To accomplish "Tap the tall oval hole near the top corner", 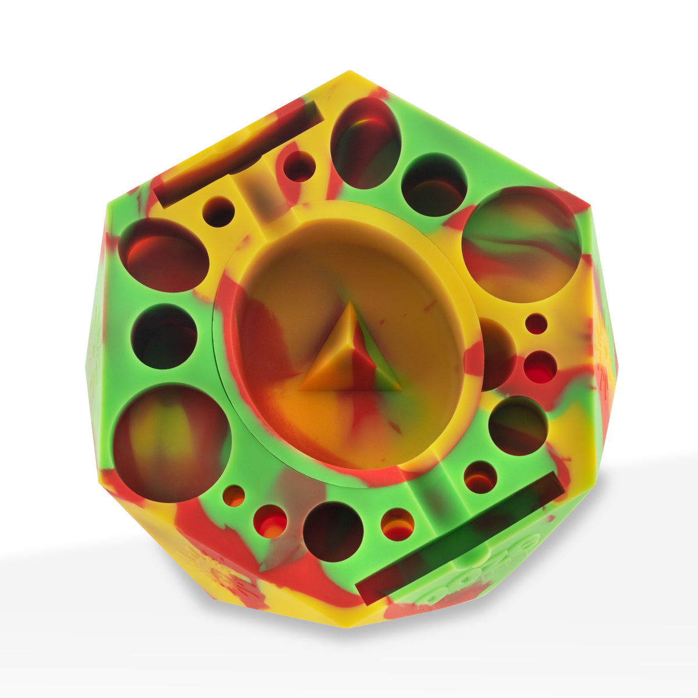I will tap(365, 143).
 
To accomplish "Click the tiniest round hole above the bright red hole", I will tap(536, 324).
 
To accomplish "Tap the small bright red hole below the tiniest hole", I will tap(540, 367).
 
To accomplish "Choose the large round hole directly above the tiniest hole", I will tap(521, 244).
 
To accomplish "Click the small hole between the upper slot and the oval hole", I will tap(299, 166).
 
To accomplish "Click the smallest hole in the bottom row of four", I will tap(234, 496).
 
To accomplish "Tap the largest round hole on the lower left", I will tap(172, 443).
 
